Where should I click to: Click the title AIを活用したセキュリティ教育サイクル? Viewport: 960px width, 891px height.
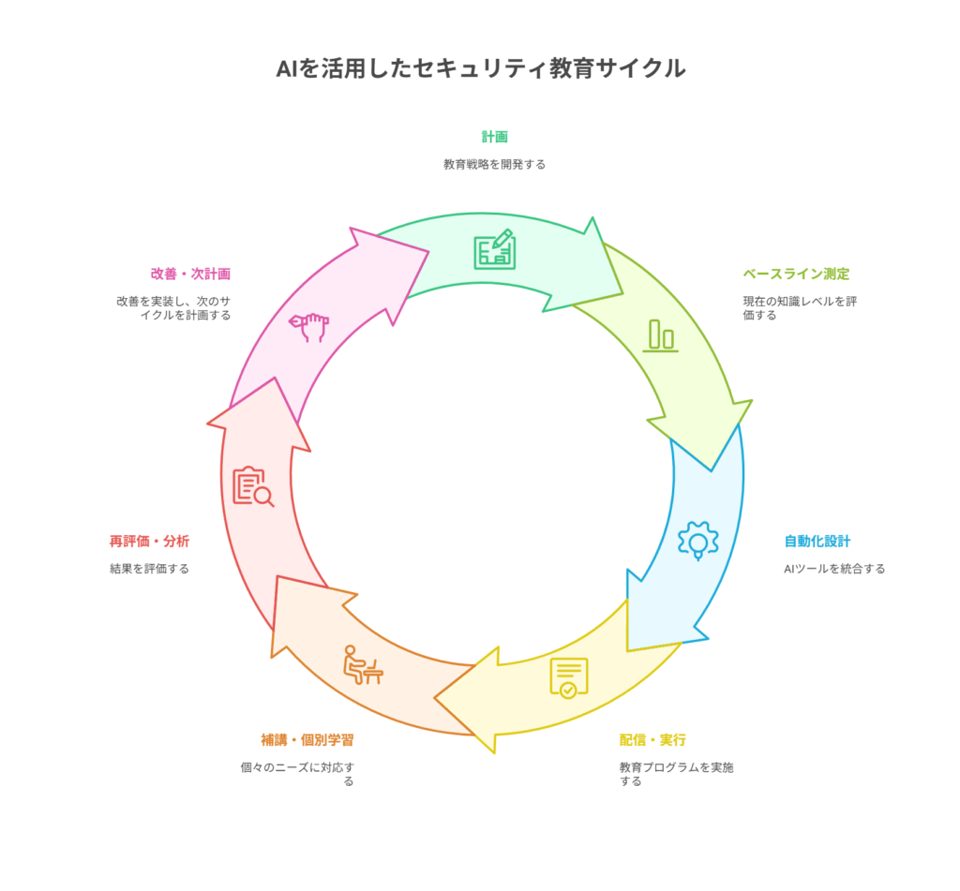(x=480, y=68)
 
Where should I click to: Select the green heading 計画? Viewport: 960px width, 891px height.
(x=494, y=137)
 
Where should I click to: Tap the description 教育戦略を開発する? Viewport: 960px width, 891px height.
(x=494, y=164)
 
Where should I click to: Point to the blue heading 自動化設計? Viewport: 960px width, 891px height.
(x=817, y=541)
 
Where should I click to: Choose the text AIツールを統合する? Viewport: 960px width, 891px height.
(x=834, y=569)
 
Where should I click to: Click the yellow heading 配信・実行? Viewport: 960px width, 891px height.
(x=652, y=740)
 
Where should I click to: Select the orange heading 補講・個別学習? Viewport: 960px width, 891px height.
(x=307, y=740)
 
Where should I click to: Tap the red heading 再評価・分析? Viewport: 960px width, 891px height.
(x=149, y=541)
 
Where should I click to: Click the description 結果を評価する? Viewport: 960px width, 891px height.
(x=149, y=569)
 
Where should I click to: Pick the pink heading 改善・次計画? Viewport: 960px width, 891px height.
(x=190, y=274)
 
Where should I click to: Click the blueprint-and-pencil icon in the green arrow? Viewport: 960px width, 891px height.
(x=494, y=249)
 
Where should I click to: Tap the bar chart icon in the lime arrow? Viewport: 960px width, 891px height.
(x=660, y=335)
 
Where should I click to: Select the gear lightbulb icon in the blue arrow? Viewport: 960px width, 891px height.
(x=697, y=541)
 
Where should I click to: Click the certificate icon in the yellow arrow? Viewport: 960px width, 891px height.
(x=568, y=677)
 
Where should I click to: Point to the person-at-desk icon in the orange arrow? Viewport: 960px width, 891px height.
(x=362, y=664)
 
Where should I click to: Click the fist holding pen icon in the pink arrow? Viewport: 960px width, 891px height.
(x=308, y=327)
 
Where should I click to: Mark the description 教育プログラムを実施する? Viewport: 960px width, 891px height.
(x=676, y=774)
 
